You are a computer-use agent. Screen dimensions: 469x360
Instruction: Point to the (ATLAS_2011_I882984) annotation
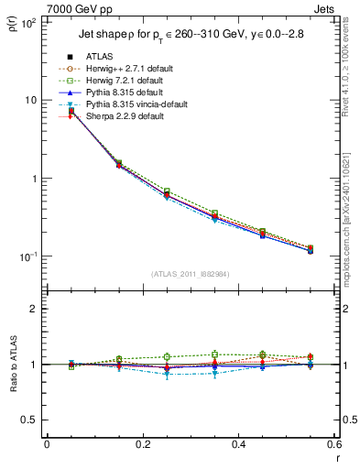click(191, 274)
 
